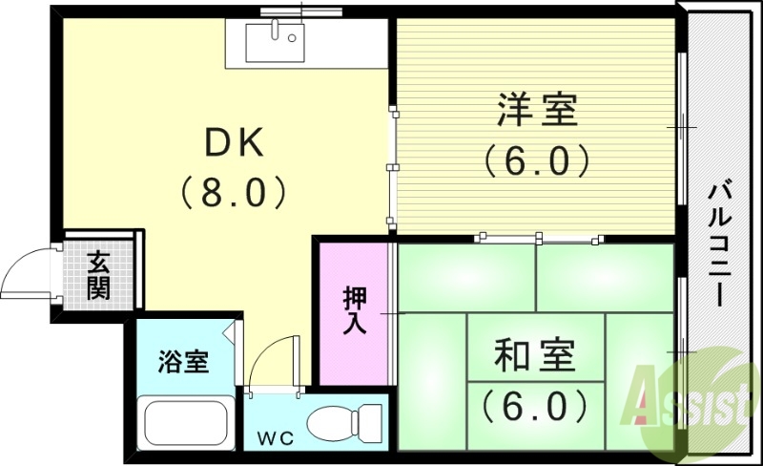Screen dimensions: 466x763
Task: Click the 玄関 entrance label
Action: tap(97, 274)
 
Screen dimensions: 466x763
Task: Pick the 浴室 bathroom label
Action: tap(182, 362)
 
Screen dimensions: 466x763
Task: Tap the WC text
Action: tap(274, 438)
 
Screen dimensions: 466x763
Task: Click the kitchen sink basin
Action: tap(273, 42)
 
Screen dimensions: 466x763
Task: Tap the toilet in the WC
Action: tap(347, 420)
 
